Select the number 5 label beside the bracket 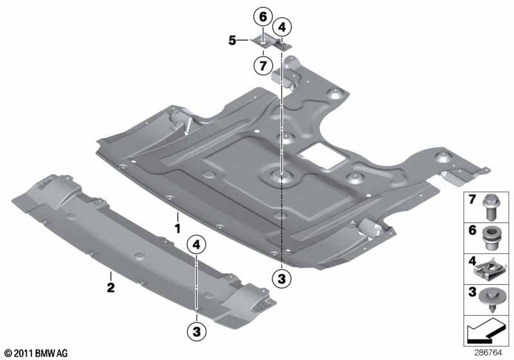point(232,40)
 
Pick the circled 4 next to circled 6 point(281,27)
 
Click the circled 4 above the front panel point(197,244)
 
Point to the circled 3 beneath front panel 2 point(197,332)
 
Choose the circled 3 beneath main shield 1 point(281,278)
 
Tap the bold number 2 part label point(111,287)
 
